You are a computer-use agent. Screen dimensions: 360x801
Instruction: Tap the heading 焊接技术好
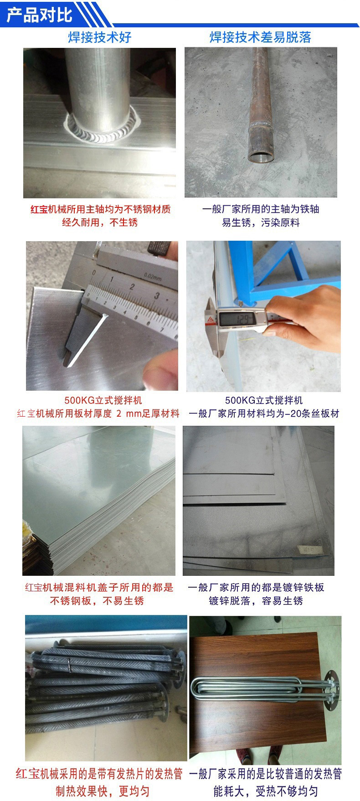[x=99, y=37]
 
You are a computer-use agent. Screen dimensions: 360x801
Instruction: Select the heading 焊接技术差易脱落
[x=260, y=37]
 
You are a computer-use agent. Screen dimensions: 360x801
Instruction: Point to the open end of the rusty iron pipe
[x=262, y=156]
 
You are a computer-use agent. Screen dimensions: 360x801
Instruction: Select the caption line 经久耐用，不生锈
[x=100, y=222]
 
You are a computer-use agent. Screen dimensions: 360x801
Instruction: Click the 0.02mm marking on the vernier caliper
[x=152, y=276]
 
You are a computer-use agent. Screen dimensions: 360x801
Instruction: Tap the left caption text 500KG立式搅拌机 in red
[x=103, y=400]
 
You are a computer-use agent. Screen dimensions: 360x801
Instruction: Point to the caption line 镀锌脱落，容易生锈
[x=256, y=600]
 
